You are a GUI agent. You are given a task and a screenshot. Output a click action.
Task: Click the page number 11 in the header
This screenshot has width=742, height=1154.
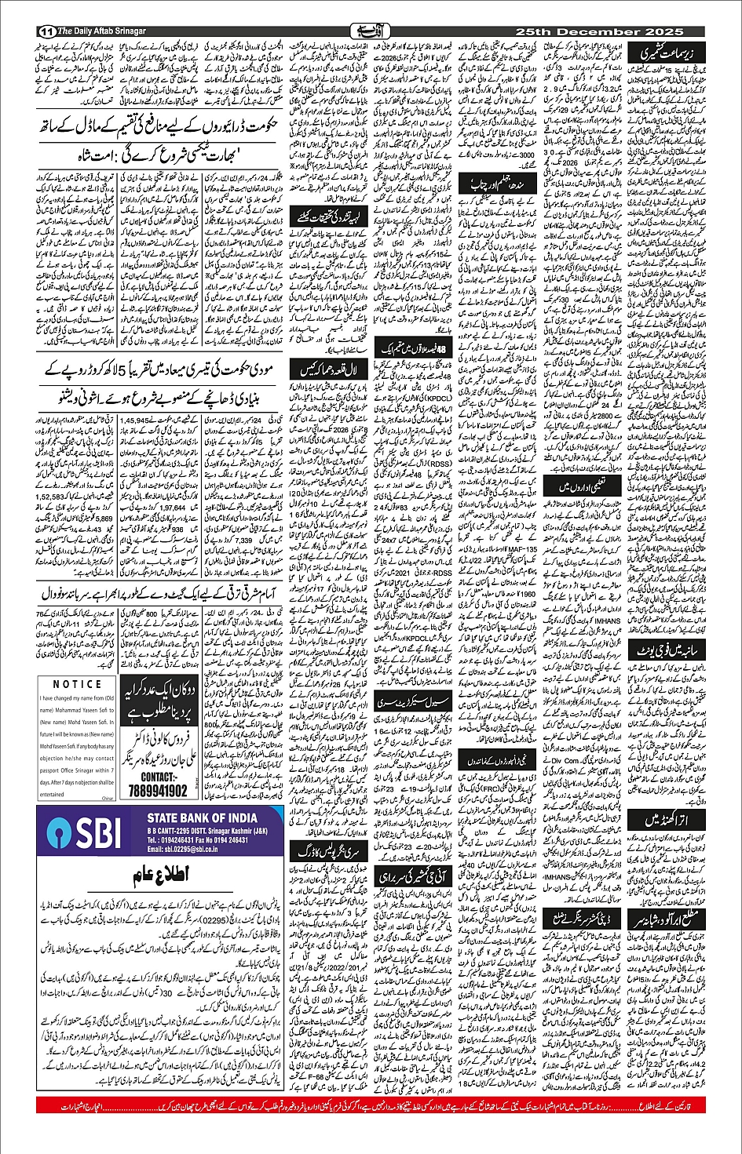click(x=45, y=31)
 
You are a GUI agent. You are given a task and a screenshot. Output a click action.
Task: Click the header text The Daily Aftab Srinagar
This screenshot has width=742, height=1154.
click(x=102, y=31)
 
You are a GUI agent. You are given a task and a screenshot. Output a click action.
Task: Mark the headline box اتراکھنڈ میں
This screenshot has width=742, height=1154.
click(x=673, y=819)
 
